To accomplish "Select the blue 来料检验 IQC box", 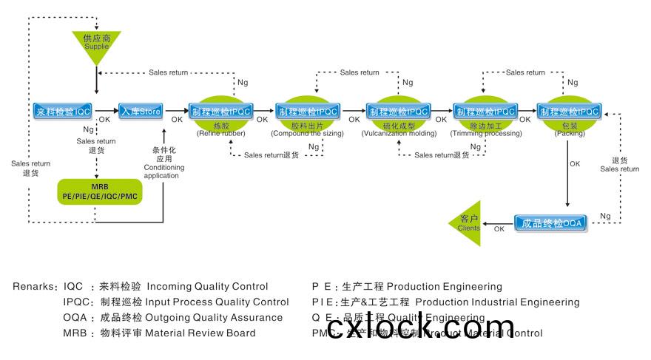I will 62,112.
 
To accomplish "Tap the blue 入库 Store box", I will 140,112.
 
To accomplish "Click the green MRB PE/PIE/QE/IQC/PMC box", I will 99,191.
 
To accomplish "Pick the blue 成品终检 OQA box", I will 551,223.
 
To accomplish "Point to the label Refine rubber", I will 220,134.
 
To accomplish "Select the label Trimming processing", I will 485,134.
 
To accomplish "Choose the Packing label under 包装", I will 570,134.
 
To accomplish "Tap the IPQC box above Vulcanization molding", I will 399,112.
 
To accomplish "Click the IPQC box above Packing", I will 569,112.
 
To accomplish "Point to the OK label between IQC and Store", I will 105,119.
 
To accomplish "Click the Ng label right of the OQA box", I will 604,216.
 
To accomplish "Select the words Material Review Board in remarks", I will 200,333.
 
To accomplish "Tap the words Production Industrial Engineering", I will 497,302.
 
